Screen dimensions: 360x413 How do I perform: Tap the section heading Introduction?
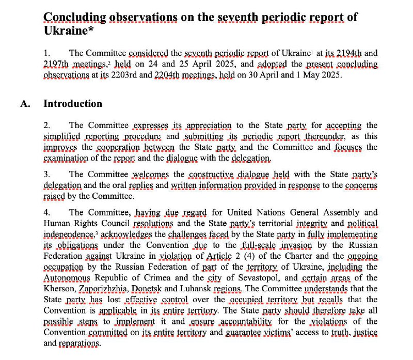click(x=73, y=103)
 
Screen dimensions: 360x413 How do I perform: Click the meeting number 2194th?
click(x=343, y=53)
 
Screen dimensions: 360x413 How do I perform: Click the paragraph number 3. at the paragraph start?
click(x=46, y=174)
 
